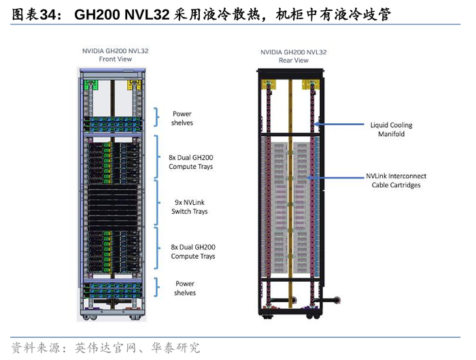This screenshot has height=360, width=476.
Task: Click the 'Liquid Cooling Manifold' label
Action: [x=391, y=129]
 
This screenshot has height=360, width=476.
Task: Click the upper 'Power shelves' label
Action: [x=182, y=118]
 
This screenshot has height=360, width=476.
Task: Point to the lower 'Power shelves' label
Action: [x=185, y=288]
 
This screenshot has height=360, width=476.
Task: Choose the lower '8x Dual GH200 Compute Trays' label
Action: [x=192, y=252]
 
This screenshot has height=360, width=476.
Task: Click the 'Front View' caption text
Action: [x=114, y=59]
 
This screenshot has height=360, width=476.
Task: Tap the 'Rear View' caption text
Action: [x=294, y=61]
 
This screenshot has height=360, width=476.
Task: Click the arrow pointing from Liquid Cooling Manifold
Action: [x=343, y=125]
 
